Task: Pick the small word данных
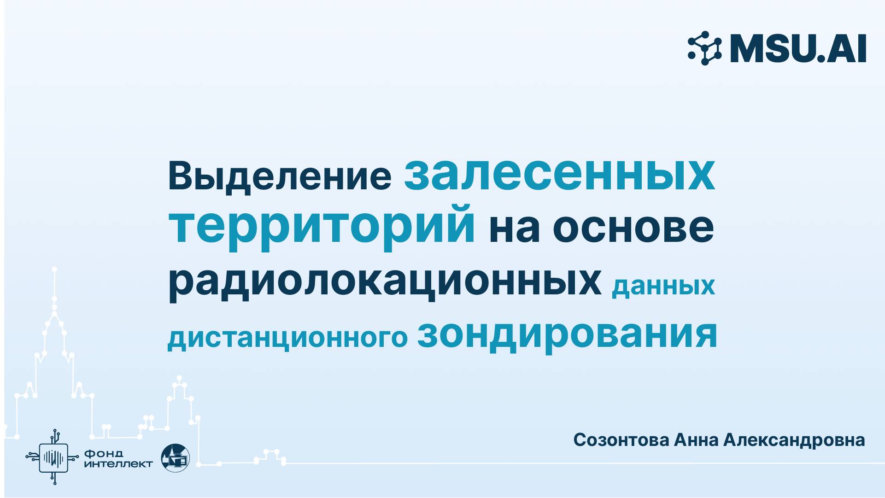663,286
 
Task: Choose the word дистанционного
287,337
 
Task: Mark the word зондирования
567,334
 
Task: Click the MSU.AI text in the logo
798,48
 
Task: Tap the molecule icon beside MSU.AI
705,48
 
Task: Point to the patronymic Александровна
794,440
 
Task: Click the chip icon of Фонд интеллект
54,457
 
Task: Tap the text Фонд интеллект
118,459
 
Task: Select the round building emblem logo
175,458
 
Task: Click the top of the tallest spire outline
54,269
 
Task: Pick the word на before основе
514,228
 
